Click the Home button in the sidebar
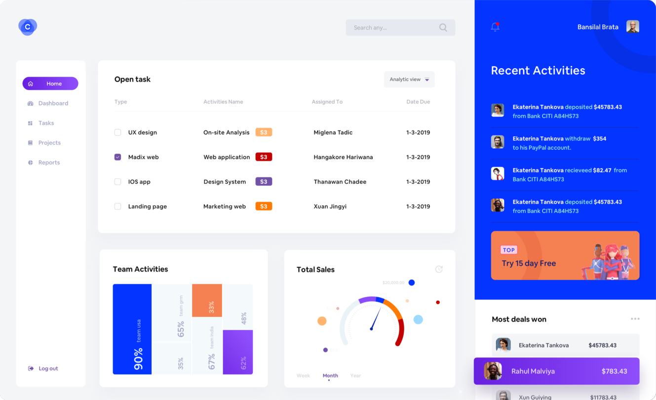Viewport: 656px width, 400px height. [x=50, y=84]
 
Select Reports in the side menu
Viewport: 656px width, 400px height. [x=49, y=163]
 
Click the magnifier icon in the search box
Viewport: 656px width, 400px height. [x=443, y=28]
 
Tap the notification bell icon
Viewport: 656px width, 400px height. [x=495, y=27]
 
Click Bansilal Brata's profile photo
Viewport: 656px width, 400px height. [x=632, y=27]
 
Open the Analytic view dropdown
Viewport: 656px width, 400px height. [x=409, y=80]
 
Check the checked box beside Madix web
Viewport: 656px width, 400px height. [x=117, y=157]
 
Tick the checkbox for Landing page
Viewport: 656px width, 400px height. [x=117, y=207]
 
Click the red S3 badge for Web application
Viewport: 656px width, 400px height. [x=264, y=157]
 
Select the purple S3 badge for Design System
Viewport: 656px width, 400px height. [x=264, y=182]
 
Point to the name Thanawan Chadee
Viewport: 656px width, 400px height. [x=340, y=182]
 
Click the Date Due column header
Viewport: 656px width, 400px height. [x=418, y=102]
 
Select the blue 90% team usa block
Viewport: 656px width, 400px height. [x=132, y=329]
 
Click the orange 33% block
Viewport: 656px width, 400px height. [x=207, y=300]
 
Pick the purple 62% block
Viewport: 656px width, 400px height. [x=237, y=352]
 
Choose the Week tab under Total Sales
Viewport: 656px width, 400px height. [x=303, y=376]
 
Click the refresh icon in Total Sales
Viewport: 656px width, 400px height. [x=439, y=269]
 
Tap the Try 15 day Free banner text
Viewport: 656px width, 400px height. [x=529, y=264]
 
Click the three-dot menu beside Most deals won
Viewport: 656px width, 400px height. [x=635, y=319]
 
